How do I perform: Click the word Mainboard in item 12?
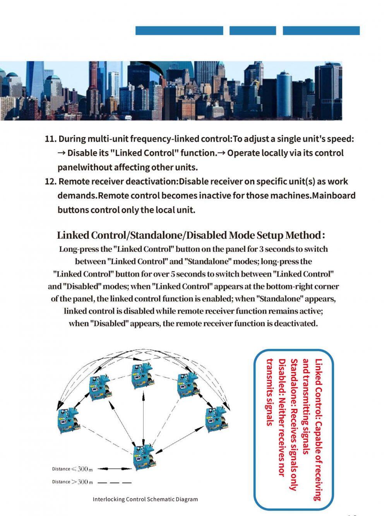point(334,196)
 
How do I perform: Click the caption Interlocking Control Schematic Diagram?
point(145,499)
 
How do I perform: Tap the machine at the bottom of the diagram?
point(144,458)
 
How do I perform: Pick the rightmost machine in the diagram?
point(216,420)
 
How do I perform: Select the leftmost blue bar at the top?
point(179,31)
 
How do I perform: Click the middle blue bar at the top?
point(253,31)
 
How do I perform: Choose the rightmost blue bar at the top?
point(321,31)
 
